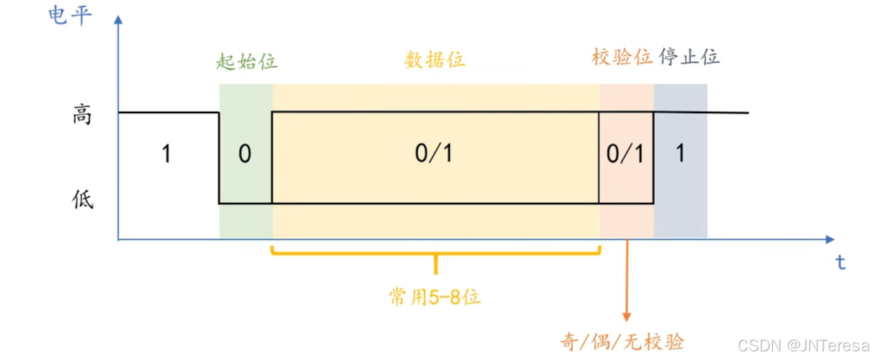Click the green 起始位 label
[x=246, y=61]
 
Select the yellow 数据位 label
[x=435, y=59]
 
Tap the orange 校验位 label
[x=622, y=57]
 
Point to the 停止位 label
[x=690, y=57]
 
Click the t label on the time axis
[x=841, y=264]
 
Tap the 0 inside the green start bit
[x=245, y=154]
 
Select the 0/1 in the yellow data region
[x=434, y=154]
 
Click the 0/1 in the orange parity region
[x=625, y=154]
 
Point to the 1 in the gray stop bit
[x=680, y=154]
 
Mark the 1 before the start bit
[x=166, y=154]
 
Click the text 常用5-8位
[x=435, y=297]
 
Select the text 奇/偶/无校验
[x=622, y=342]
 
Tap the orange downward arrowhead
[x=627, y=318]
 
